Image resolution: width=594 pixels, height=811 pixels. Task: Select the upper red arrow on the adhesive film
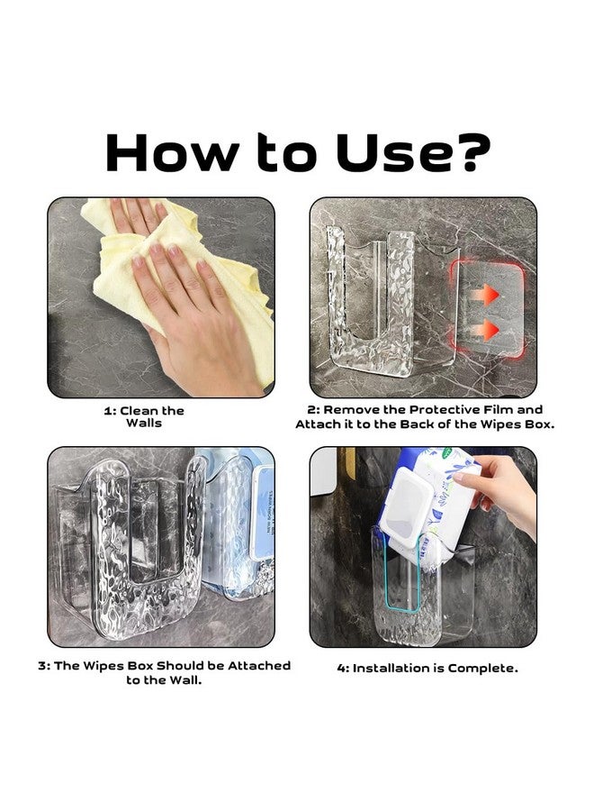point(484,296)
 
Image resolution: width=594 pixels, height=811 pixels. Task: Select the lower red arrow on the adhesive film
point(484,330)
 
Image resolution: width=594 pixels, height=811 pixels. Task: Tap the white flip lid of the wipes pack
point(407,508)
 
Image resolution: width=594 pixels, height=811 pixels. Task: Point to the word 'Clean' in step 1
point(139,411)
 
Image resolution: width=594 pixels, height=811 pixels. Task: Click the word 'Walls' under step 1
point(144,424)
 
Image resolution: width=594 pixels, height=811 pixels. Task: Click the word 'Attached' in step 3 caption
point(259,666)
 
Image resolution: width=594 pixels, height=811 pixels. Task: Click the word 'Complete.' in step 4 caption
point(483,669)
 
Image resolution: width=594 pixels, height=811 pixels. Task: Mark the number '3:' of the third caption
point(44,666)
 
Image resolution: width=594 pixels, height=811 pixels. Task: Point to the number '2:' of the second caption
point(314,410)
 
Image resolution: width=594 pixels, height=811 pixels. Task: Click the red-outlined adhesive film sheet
point(487,309)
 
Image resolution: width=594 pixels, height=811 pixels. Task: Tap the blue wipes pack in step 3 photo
point(243,523)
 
